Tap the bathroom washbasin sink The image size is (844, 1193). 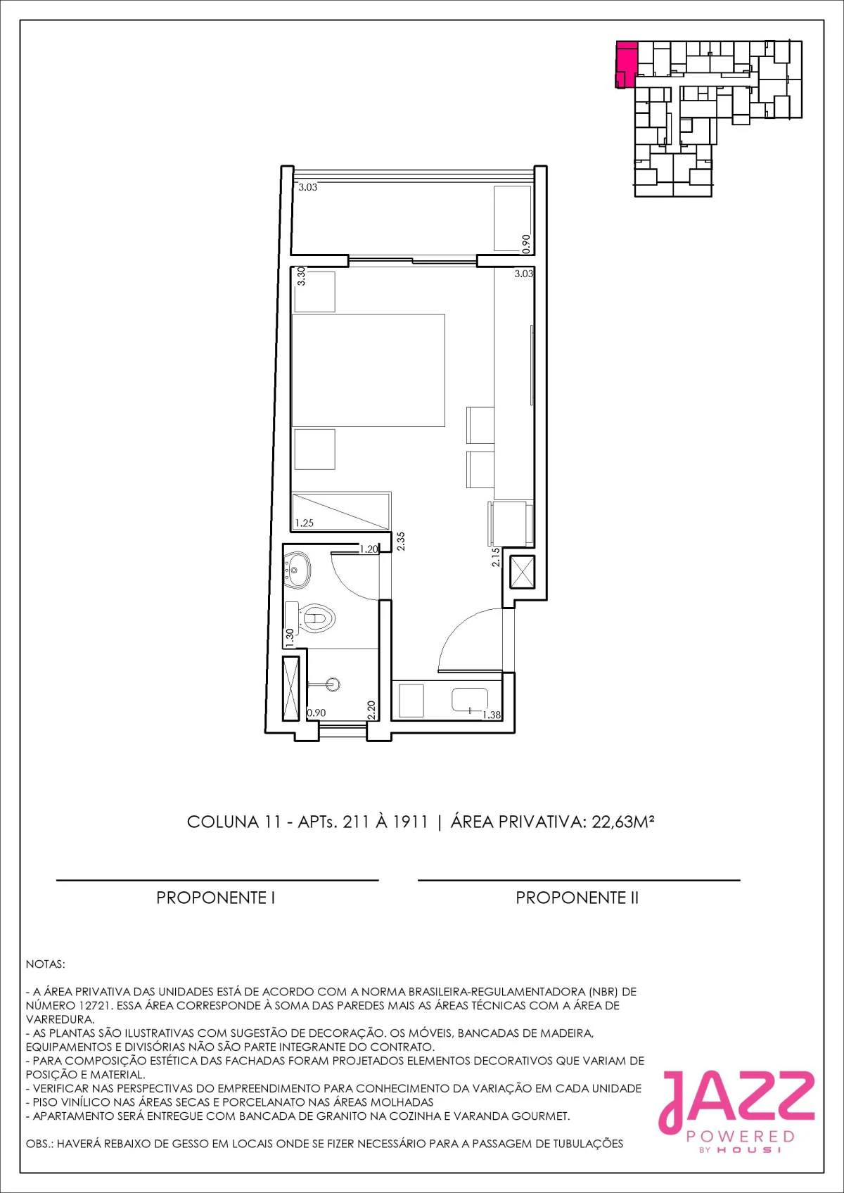coord(297,570)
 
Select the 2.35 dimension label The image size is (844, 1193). coord(402,541)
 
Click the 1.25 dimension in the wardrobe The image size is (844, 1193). coord(305,523)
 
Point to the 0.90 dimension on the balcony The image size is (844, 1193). coord(526,243)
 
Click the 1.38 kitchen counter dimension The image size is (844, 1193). coord(492,715)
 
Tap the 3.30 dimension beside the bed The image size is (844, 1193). coord(301,277)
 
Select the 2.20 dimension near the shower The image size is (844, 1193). coord(371,710)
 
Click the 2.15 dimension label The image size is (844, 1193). coord(495,557)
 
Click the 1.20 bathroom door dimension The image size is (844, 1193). coord(369,549)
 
